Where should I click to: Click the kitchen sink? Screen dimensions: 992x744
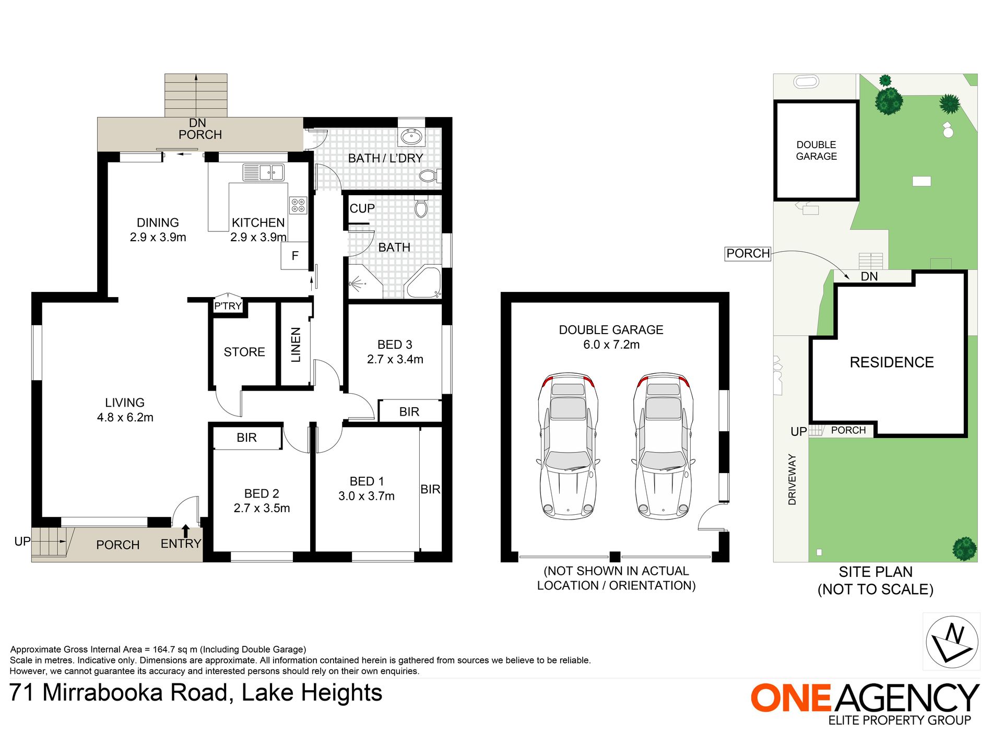(264, 172)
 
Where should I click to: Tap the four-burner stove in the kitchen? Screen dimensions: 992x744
(298, 205)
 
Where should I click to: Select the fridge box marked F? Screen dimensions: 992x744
(294, 256)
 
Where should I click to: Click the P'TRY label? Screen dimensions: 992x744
(228, 306)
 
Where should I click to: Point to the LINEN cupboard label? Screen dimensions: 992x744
(296, 345)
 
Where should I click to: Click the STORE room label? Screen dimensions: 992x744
(244, 352)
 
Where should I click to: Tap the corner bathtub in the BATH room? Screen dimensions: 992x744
(424, 282)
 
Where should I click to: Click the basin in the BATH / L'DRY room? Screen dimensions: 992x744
(411, 137)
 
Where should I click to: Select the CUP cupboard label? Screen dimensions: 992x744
(362, 208)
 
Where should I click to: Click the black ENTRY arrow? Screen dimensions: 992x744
(185, 530)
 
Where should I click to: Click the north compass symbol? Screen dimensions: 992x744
(952, 642)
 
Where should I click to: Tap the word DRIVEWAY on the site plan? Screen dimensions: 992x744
(792, 479)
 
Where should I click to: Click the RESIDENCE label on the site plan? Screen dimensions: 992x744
(892, 362)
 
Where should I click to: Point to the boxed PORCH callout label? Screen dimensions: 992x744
(748, 254)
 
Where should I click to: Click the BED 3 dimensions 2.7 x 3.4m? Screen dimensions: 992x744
(395, 359)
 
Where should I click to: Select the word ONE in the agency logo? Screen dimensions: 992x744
(791, 698)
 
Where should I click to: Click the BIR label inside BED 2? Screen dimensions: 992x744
(246, 438)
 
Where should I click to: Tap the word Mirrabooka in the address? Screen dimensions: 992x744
(135, 693)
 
